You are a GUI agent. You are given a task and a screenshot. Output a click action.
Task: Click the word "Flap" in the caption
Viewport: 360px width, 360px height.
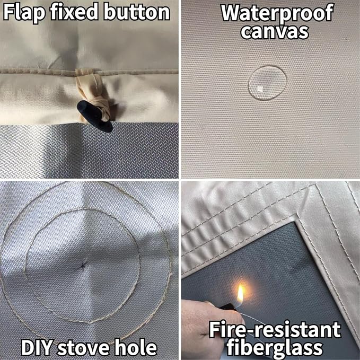click(x=24, y=13)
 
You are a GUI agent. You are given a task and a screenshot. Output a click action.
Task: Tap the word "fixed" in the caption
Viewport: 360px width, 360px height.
click(x=74, y=12)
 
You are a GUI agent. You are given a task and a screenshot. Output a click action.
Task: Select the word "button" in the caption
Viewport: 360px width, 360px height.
click(x=137, y=12)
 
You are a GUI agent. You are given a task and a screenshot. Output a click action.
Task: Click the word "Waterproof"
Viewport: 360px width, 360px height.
click(x=277, y=13)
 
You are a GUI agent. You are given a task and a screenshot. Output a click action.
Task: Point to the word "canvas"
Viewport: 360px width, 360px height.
click(x=275, y=32)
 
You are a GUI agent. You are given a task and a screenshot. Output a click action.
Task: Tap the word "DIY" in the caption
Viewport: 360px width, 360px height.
click(x=37, y=348)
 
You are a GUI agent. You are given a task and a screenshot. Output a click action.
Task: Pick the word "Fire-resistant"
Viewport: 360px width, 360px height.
click(x=275, y=330)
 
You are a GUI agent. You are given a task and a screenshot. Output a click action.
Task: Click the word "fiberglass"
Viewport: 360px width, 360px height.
click(x=275, y=347)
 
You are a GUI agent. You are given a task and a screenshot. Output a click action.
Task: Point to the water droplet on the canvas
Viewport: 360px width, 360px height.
click(x=267, y=83)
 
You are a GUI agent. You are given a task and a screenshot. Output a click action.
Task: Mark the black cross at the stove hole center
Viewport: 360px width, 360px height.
click(x=83, y=266)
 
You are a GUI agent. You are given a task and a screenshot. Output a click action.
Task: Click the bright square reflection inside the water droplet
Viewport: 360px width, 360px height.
click(x=260, y=89)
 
